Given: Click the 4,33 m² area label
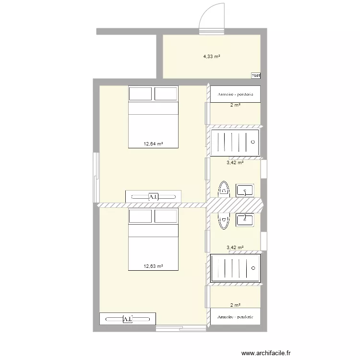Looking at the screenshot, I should [x=211, y=56].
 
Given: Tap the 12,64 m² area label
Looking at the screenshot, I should [x=154, y=143].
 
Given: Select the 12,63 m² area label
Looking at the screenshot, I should [x=154, y=266].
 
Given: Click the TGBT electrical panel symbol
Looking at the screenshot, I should [x=255, y=75].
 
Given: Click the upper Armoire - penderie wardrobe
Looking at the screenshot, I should [x=235, y=94].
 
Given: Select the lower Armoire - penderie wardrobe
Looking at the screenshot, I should [x=235, y=317].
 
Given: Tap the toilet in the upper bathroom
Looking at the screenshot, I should [x=224, y=189].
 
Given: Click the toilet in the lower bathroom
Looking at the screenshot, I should [x=224, y=220].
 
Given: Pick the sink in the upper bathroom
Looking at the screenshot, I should [x=245, y=190].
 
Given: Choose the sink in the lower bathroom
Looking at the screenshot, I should [x=245, y=220].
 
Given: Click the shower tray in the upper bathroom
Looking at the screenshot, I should [x=236, y=143].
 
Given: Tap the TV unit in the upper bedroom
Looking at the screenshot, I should [x=153, y=197].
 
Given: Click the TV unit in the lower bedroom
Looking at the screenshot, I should [x=128, y=319].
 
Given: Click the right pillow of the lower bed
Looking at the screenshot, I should [x=166, y=216].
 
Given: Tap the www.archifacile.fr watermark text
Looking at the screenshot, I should [x=266, y=353].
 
